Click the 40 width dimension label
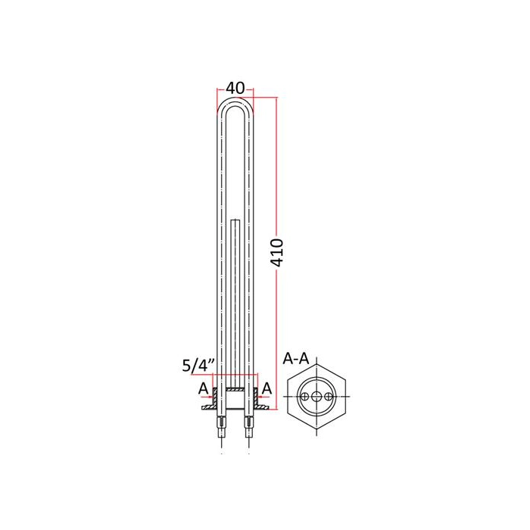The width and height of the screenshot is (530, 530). [235, 89]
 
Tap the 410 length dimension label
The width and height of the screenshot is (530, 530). [278, 252]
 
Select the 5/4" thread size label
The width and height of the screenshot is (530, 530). [198, 366]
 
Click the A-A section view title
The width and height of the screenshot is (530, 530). [296, 358]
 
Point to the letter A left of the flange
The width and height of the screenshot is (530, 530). [203, 388]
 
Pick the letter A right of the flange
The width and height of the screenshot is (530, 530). [267, 388]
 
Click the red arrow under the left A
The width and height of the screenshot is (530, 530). [207, 397]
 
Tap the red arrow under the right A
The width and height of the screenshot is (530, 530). [263, 397]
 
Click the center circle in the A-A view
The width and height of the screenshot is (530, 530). [316, 397]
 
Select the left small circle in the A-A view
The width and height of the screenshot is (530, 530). [305, 397]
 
